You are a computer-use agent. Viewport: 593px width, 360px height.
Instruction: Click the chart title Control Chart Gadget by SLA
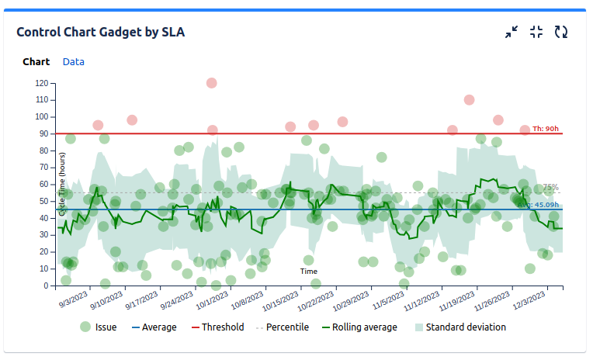[100, 32]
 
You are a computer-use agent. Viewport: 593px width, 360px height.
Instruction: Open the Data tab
[74, 61]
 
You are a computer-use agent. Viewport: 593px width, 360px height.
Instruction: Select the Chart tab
[36, 61]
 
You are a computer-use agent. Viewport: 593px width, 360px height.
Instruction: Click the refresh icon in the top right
[561, 32]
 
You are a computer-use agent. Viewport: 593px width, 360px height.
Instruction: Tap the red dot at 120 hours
[211, 83]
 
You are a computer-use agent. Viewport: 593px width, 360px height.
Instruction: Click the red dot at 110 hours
[469, 100]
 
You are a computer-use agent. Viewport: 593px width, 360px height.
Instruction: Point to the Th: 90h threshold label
[546, 129]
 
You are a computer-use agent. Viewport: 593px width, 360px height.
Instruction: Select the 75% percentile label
[550, 187]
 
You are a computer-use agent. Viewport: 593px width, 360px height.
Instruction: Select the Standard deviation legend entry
[459, 327]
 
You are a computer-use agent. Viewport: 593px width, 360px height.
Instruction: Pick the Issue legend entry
[99, 327]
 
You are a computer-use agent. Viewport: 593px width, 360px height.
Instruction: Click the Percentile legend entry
[282, 327]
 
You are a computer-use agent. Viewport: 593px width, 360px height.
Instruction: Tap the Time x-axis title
[309, 272]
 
